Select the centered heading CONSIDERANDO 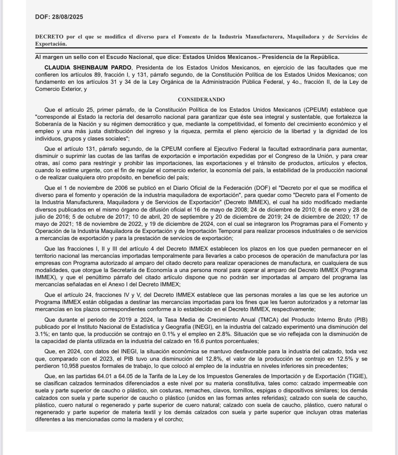point(201,100)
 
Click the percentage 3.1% point(42,334)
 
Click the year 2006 point(114,188)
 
